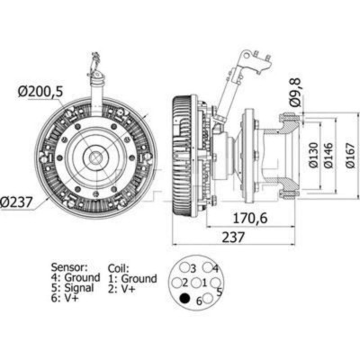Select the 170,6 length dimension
(250, 217)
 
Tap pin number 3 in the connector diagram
(192, 267)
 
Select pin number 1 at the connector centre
(205, 283)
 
